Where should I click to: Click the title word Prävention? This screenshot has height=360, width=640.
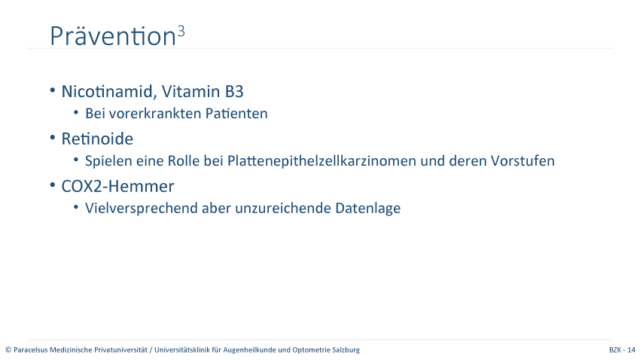coord(113,36)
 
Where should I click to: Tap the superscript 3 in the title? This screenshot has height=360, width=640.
coord(181,31)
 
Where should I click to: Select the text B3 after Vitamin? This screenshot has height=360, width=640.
coord(234,91)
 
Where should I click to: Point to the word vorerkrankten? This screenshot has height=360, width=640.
coord(154,113)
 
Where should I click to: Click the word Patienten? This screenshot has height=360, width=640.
coord(236,113)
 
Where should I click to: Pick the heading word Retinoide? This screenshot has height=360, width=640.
coord(97,139)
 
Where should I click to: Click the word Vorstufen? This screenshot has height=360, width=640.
coord(523,160)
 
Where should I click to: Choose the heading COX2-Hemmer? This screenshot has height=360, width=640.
coord(117,186)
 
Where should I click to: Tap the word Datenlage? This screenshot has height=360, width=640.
coord(367,208)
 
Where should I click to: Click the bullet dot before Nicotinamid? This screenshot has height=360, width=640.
coord(53,90)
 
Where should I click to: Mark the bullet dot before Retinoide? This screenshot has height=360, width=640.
coord(53,138)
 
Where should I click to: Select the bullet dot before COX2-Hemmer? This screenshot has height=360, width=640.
coord(53,185)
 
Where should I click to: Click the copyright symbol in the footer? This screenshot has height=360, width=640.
coord(8,349)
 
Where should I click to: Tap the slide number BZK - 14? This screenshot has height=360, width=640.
coord(622,349)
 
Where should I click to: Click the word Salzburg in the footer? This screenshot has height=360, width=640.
coord(346,349)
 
